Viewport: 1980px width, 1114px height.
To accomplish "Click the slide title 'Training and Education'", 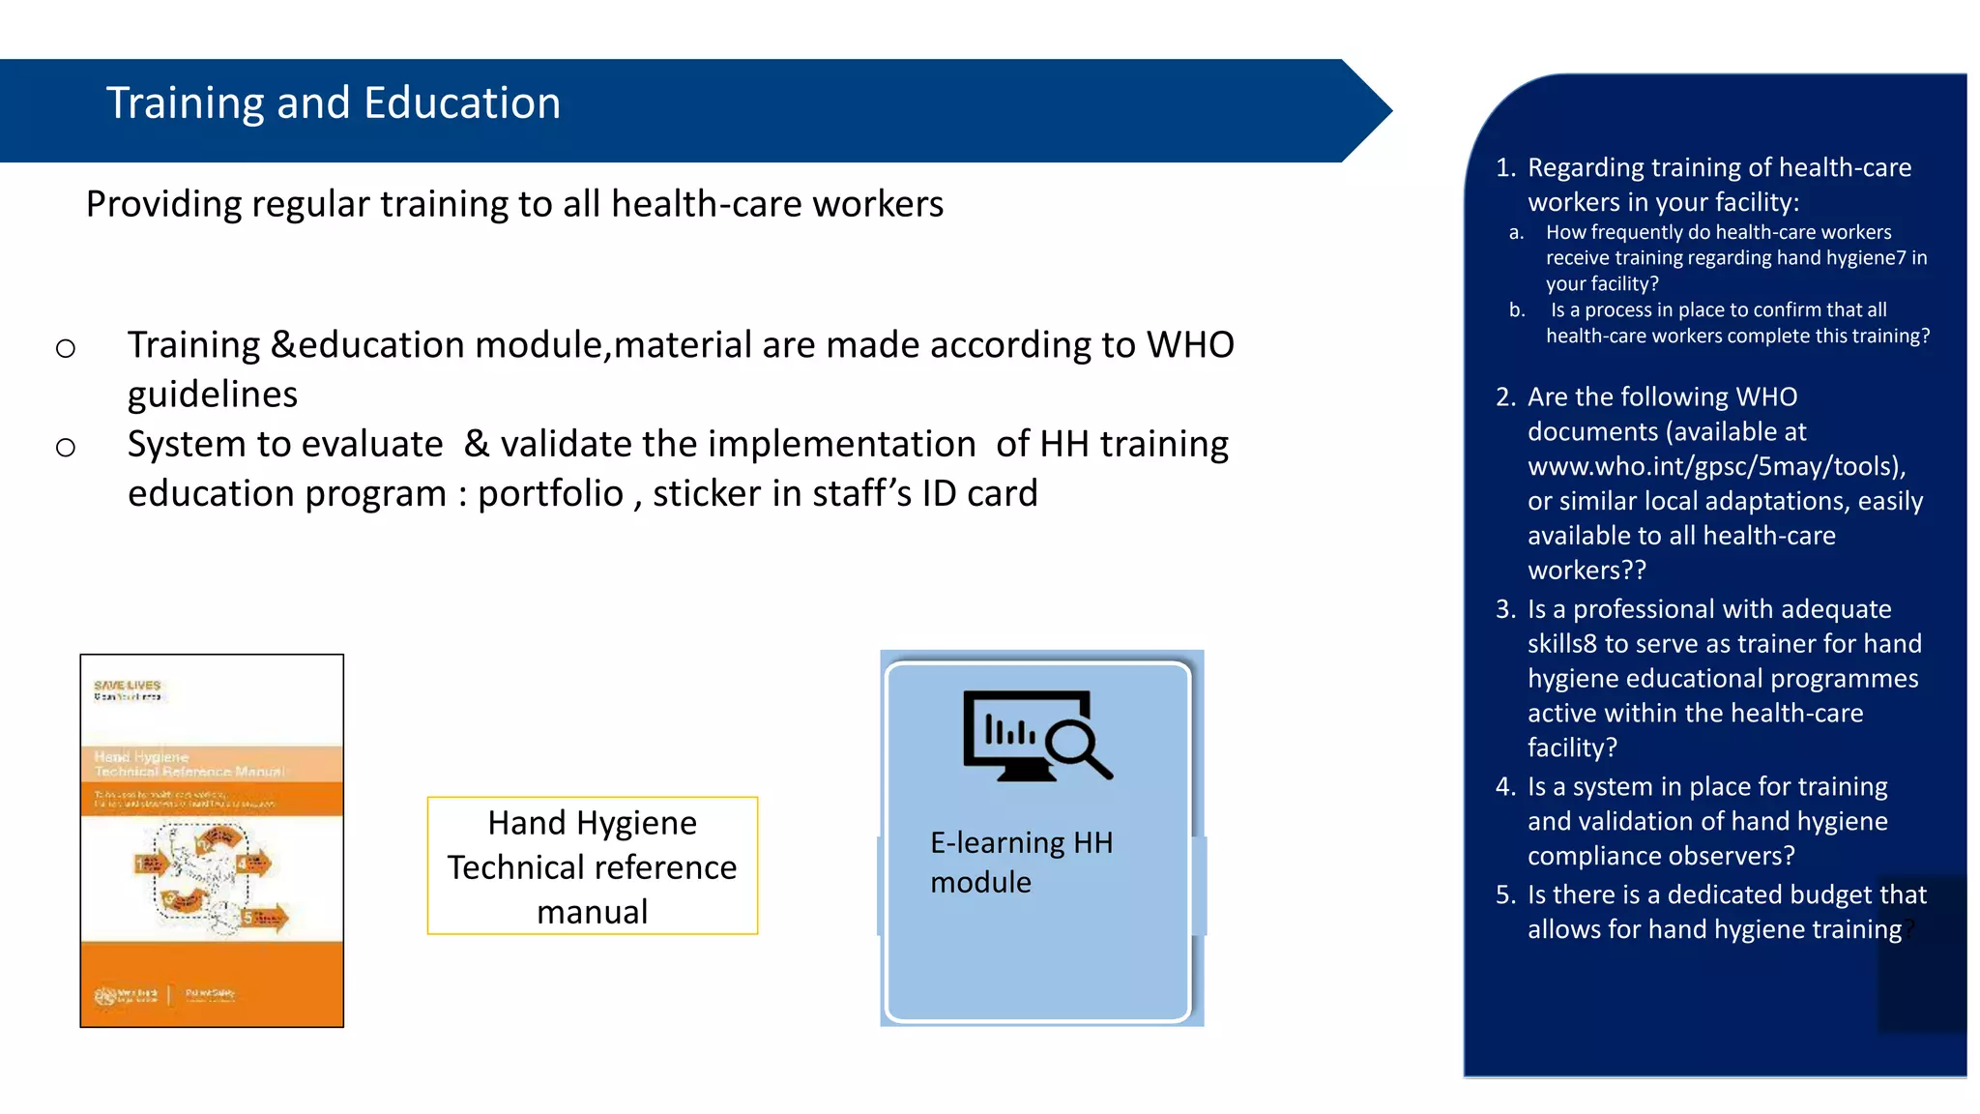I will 333,103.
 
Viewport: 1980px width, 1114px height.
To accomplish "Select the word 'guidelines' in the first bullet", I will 213,395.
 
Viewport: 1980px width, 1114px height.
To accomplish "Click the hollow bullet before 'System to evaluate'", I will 66,447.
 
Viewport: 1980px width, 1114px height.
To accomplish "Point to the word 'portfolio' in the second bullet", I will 550,494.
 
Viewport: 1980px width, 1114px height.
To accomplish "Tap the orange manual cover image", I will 212,840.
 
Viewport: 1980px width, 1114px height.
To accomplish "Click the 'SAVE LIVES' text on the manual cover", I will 127,686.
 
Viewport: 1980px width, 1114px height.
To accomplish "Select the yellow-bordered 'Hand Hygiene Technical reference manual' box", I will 593,866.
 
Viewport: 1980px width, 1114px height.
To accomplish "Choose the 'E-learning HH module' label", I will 1020,863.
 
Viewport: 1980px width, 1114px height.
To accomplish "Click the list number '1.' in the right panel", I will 1505,168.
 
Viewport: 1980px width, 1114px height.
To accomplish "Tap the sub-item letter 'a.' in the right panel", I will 1516,233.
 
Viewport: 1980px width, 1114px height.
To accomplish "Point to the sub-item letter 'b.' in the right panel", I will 1517,310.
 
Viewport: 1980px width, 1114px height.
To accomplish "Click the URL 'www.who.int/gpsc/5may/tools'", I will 1714,467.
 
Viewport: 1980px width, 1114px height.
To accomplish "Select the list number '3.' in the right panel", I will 1505,609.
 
